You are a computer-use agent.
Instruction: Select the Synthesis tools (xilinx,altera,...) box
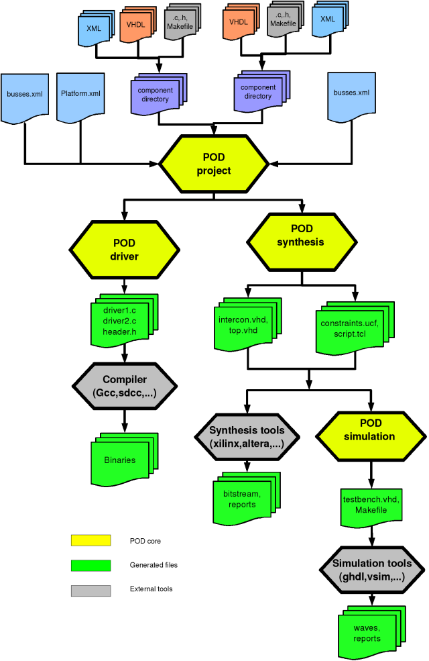click(x=247, y=436)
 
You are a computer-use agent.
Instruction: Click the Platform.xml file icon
click(x=80, y=97)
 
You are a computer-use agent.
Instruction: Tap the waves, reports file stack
click(x=366, y=633)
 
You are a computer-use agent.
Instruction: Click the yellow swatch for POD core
click(x=90, y=540)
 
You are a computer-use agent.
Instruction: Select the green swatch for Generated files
click(x=90, y=565)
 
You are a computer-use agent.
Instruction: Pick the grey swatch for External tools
click(x=90, y=590)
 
